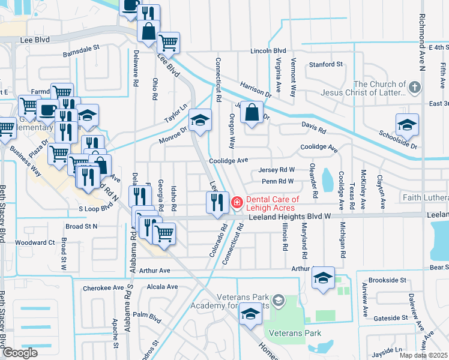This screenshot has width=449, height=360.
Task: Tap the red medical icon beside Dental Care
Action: pos(237,203)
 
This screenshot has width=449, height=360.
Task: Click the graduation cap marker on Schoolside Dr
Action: pos(407,125)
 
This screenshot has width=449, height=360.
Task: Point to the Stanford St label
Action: pos(325,64)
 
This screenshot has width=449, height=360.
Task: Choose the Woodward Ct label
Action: pos(35,242)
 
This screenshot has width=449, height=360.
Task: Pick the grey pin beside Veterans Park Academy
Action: pos(278,299)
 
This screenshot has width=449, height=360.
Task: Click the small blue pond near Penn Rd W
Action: pos(327,179)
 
